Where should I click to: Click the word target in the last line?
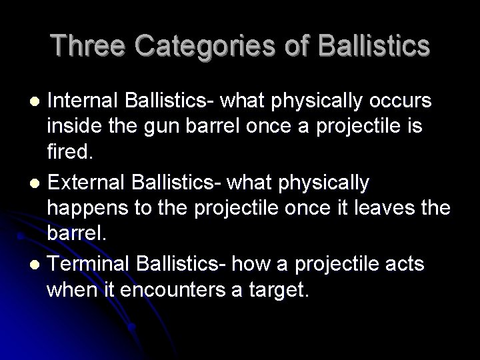pos(278,291)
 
